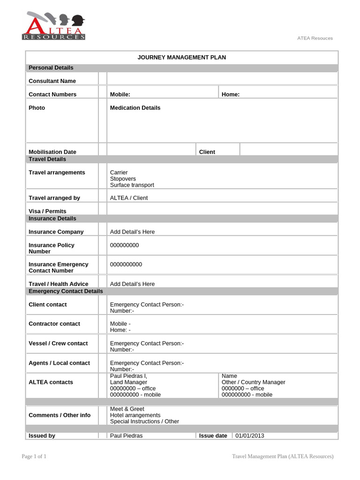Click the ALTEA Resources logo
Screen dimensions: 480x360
pos(53,26)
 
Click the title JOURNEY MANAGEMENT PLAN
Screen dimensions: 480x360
pos(181,57)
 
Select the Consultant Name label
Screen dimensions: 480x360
pos(52,81)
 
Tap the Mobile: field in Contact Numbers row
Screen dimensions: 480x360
pos(120,94)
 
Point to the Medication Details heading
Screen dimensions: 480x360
pos(135,108)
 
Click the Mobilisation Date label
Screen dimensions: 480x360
pos(52,152)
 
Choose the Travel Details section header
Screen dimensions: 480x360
pos(47,159)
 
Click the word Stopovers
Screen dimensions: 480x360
pos(123,179)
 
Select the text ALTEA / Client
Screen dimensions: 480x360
pos(128,198)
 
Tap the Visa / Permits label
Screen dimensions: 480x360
pos(47,211)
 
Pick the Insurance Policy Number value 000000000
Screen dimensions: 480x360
pos(124,245)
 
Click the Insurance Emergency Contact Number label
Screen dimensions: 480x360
pos(58,268)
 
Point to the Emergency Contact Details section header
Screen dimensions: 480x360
pos(66,291)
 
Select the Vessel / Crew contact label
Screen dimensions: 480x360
pos(58,344)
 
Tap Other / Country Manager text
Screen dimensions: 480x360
pos(253,382)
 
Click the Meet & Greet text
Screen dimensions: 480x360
pos(127,409)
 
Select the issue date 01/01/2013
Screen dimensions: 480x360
pos(250,435)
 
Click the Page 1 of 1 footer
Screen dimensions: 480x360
pos(34,457)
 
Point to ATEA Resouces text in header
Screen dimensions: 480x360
pos(315,38)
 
